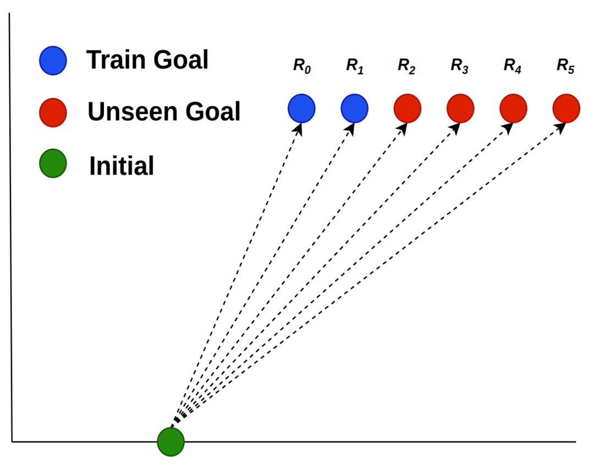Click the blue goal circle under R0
point(301,108)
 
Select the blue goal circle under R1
point(354,108)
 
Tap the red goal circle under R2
point(408,108)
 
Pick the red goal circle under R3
point(460,108)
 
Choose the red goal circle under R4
point(513,108)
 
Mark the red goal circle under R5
point(566,108)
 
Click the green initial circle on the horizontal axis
point(170,442)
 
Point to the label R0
point(302,66)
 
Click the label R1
point(355,66)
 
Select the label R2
point(407,66)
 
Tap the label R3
point(460,66)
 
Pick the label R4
point(513,66)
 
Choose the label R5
point(565,66)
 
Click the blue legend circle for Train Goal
point(53,60)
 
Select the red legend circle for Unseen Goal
point(53,112)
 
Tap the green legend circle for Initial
point(53,164)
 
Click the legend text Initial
point(122,165)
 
